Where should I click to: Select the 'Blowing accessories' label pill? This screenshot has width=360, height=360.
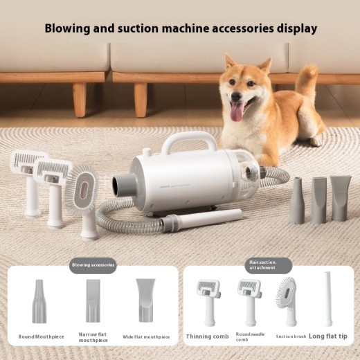93,264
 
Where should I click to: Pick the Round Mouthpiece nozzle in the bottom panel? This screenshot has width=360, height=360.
40,301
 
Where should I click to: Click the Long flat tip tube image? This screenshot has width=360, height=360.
327,299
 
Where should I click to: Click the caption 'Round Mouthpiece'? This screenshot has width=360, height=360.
42,337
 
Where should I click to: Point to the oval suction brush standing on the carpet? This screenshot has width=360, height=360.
84,201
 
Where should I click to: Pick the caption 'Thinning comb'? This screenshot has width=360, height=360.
208,337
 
